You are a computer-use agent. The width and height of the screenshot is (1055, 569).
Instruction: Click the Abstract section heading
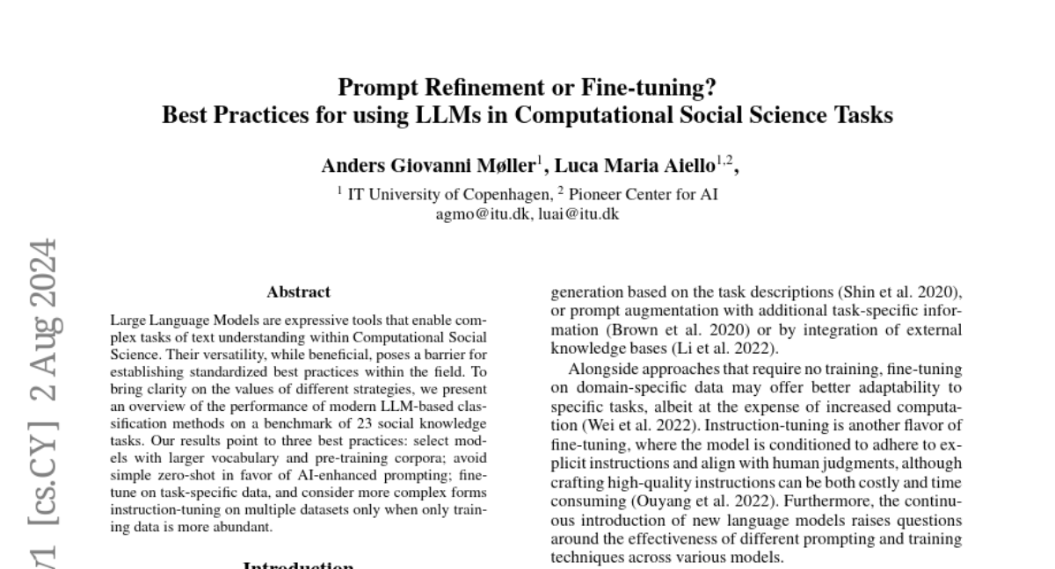[298, 292]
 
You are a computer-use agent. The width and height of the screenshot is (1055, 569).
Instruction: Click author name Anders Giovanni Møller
[428, 166]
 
